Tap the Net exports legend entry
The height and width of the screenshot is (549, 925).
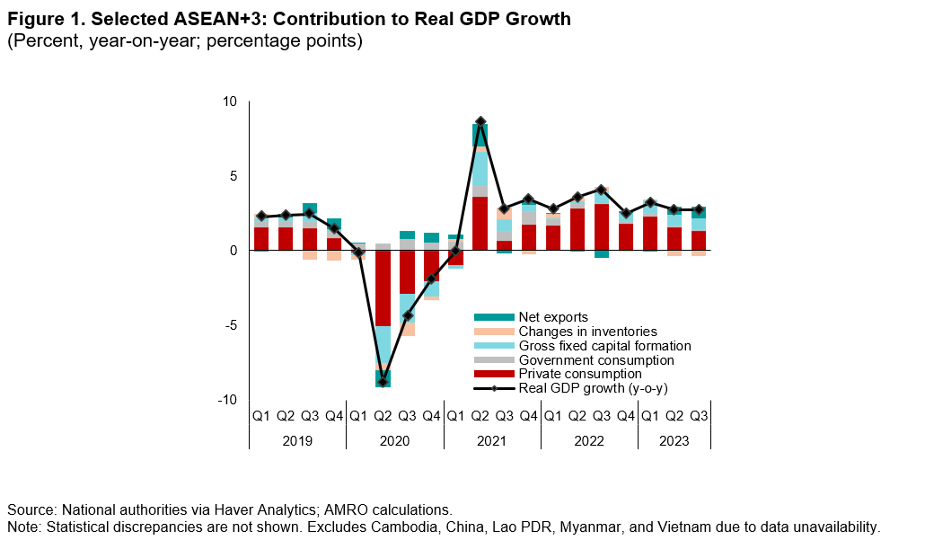(553, 317)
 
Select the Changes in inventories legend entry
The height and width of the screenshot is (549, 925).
(588, 332)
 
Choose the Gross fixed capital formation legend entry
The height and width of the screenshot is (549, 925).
(604, 346)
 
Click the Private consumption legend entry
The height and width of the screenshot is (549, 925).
(579, 374)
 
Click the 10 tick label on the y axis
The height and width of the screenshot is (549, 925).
(230, 102)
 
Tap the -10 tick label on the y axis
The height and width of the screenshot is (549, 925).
(227, 400)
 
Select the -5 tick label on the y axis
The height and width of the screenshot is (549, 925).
(230, 325)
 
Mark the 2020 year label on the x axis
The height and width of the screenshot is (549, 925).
(394, 441)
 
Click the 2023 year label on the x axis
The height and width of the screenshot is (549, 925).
(674, 441)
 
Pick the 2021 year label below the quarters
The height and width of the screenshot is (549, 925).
(491, 441)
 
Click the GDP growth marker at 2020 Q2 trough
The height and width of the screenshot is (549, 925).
(383, 382)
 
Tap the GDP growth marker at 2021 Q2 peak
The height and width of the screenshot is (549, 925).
(480, 121)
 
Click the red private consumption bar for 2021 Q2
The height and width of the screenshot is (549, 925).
(480, 223)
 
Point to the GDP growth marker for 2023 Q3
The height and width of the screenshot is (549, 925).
(699, 209)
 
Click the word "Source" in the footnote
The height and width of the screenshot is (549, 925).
(31, 509)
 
